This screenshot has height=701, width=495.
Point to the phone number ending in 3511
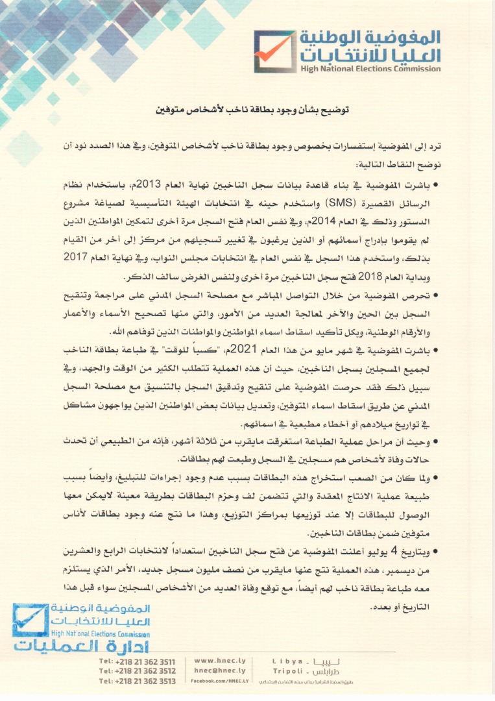click(137, 661)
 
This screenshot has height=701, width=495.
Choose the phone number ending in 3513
click(137, 681)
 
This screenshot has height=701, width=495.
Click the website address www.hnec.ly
click(219, 660)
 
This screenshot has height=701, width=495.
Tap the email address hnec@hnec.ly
click(219, 670)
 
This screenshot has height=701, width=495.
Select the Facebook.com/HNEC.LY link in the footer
click(219, 681)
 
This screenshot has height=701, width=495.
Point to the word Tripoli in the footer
click(290, 670)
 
